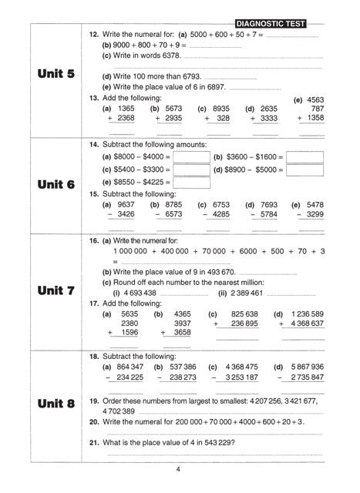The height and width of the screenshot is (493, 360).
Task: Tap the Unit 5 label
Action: point(56,74)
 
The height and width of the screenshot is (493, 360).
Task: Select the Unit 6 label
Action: point(56,186)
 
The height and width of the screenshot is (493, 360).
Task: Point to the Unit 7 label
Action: point(56,292)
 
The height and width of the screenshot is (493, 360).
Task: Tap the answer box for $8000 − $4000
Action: point(191,157)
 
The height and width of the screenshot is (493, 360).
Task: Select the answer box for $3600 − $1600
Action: point(304,157)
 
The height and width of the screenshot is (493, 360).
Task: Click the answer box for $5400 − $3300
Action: point(191,169)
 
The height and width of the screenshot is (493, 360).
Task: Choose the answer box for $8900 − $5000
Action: point(304,169)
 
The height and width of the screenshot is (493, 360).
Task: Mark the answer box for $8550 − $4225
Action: point(191,183)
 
